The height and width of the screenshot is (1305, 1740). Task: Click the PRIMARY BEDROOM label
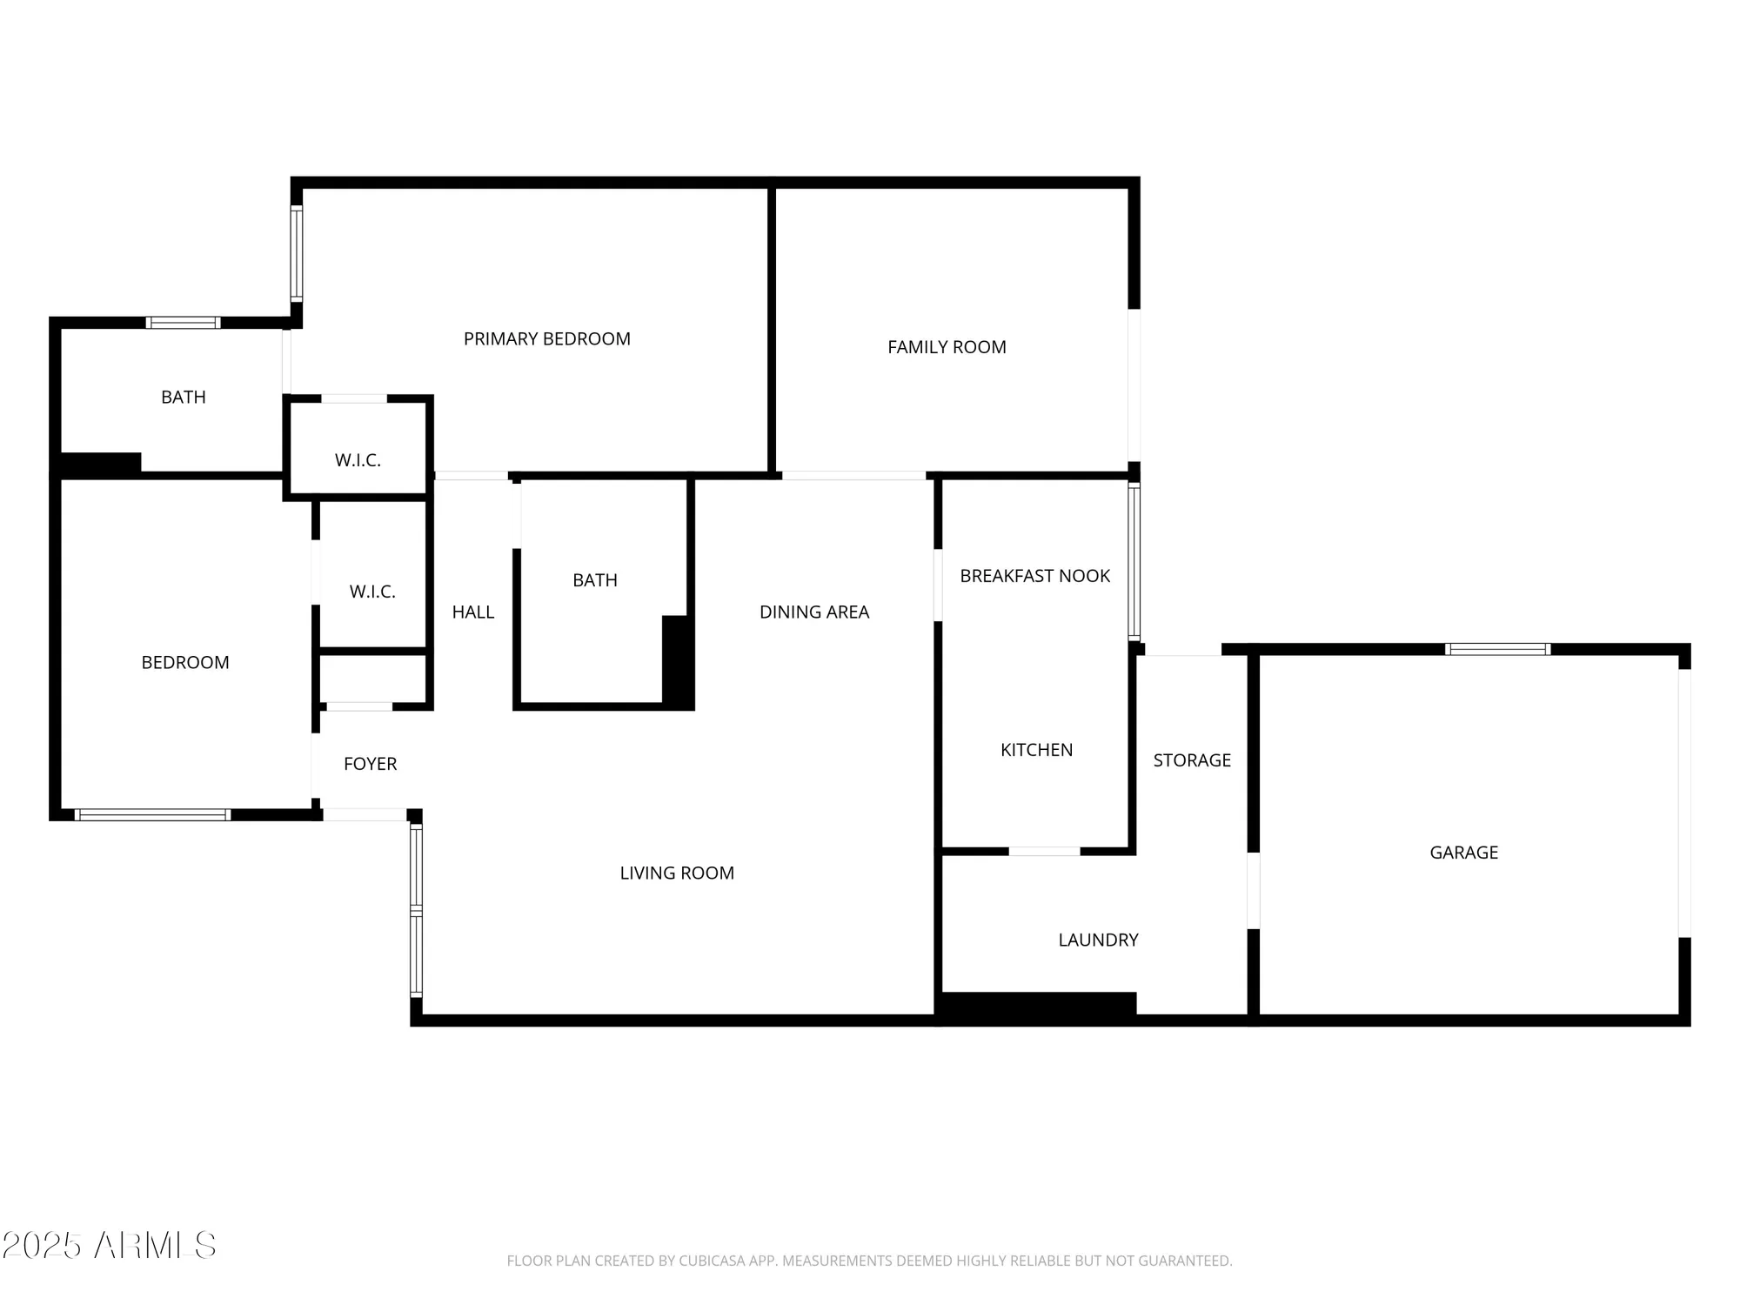coord(546,339)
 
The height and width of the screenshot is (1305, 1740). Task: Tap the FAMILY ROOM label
coord(947,347)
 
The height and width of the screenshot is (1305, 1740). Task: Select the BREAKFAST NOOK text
coord(1034,576)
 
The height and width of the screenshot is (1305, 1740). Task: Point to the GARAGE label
coord(1463,853)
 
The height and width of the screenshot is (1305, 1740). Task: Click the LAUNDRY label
coord(1098,940)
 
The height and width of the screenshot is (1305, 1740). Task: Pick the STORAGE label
coord(1192,760)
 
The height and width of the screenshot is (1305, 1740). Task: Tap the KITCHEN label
coord(1036,750)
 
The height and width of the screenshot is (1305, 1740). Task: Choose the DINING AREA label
coord(813,612)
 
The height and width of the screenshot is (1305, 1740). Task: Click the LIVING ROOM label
coord(677,873)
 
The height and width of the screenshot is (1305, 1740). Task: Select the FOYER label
coord(370,764)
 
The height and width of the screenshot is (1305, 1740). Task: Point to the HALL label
coord(472,612)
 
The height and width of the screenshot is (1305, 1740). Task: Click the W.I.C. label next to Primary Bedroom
coord(358,460)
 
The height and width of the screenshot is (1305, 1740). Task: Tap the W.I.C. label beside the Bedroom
coord(372,592)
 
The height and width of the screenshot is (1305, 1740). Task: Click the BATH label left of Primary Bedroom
coord(184,398)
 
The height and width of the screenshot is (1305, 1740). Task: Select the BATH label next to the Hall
coord(595,580)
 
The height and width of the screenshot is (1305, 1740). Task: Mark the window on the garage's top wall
coord(1497,649)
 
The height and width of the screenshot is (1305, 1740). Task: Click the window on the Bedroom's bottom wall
coord(152,815)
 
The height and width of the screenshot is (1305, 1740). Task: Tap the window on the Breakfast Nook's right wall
coord(1134,562)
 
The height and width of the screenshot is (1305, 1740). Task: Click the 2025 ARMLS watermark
coord(109,1246)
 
